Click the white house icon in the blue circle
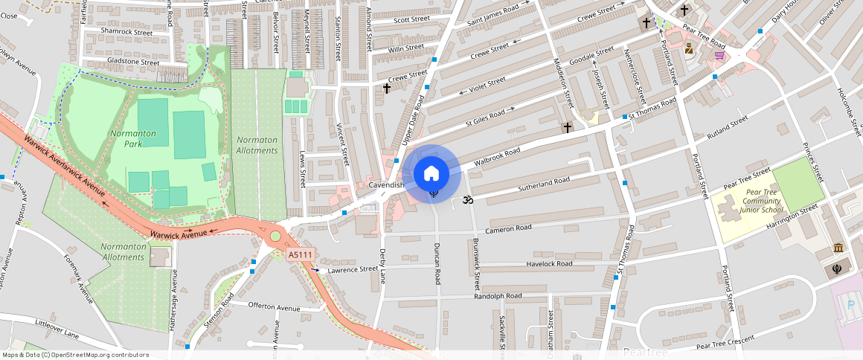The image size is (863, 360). click(x=431, y=173)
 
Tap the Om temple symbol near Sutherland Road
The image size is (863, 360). click(x=468, y=199)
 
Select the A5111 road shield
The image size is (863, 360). click(x=300, y=254)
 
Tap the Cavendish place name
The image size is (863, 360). click(x=386, y=184)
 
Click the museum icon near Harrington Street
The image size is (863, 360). click(x=838, y=248)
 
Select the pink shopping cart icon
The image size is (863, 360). click(x=719, y=55)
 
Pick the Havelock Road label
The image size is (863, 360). click(x=549, y=264)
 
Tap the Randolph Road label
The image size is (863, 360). click(x=498, y=296)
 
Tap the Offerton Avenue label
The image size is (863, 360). click(x=273, y=306)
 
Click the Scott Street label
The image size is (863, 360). click(x=411, y=19)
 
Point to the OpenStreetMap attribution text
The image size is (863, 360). click(x=75, y=355)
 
